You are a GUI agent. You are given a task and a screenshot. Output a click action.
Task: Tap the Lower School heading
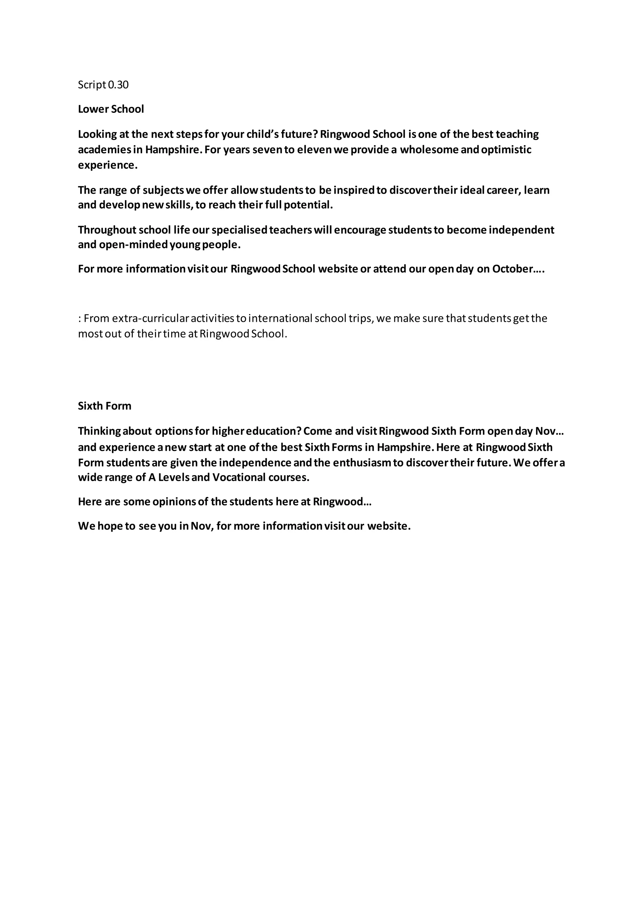coord(111,109)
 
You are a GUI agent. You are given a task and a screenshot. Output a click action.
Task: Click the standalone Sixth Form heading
coord(104,406)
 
